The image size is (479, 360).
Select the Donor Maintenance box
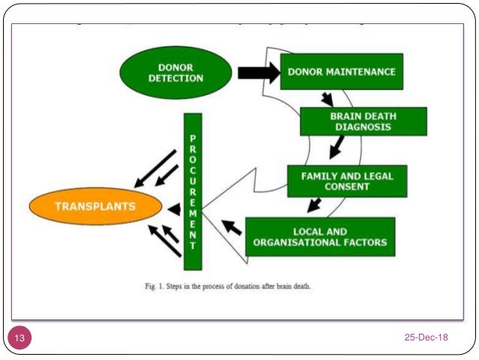click(x=341, y=72)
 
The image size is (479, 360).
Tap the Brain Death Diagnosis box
click(x=363, y=122)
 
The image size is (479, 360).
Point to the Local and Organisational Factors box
click(x=320, y=236)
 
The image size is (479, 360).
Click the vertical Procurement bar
click(x=193, y=191)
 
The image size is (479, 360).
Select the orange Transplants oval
click(x=95, y=206)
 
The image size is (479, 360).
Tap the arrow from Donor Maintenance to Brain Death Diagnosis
click(x=327, y=98)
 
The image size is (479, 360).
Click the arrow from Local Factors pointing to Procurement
click(x=232, y=225)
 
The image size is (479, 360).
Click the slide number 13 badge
click(x=19, y=338)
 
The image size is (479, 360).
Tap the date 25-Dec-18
click(x=426, y=337)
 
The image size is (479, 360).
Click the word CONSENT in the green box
click(x=348, y=186)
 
